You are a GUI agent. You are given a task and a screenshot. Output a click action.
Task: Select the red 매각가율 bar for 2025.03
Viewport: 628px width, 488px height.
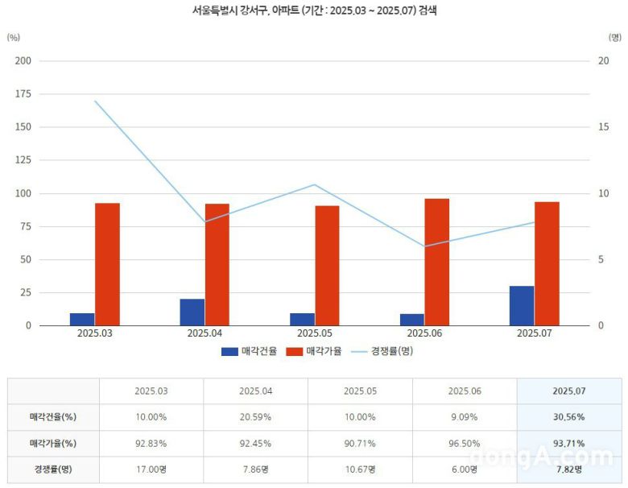point(107,264)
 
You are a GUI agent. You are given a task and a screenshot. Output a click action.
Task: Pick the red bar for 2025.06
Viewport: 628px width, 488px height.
point(436,262)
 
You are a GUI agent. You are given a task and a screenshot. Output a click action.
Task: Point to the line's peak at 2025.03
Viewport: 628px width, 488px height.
point(95,101)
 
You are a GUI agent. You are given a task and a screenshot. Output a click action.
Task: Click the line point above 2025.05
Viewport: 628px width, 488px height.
point(315,184)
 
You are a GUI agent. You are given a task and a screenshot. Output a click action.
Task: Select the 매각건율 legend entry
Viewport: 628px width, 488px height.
point(249,351)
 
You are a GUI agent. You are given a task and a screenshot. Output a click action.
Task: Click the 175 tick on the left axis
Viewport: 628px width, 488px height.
point(23,94)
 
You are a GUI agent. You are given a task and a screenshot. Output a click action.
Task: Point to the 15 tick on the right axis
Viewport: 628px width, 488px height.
point(603,127)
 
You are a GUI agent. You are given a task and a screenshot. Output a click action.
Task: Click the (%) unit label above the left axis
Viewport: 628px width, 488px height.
point(13,38)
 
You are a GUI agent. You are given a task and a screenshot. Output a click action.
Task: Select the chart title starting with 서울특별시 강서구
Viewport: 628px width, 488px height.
point(313,11)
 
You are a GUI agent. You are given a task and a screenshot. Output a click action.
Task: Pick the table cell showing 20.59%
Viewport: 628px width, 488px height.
point(255,417)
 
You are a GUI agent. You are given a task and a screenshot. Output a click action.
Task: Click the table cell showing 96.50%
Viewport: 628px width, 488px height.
point(464,443)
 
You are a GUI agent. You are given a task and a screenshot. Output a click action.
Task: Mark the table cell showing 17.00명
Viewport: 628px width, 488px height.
point(151,469)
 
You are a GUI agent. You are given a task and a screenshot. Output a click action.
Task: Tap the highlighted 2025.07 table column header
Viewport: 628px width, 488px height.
point(568,391)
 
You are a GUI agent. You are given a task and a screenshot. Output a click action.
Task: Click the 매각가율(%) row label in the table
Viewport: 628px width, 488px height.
point(53,443)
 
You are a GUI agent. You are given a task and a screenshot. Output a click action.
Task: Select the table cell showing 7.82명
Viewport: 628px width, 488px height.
point(568,469)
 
